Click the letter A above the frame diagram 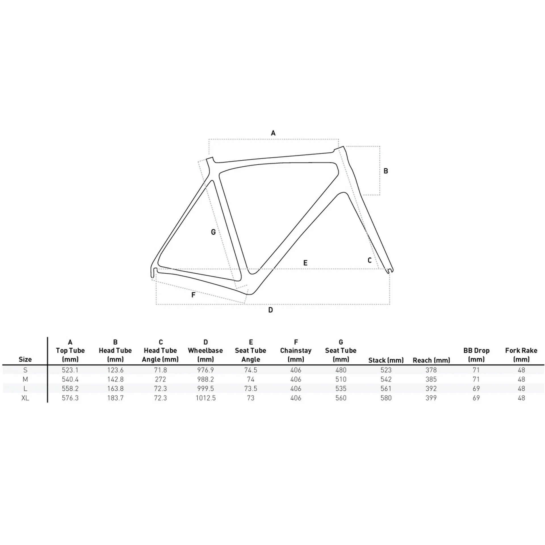pyautogui.click(x=273, y=133)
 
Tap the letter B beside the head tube pyautogui.click(x=386, y=171)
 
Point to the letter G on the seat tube pyautogui.click(x=213, y=232)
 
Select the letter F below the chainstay pyautogui.click(x=193, y=295)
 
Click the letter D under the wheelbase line pyautogui.click(x=271, y=310)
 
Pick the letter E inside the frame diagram pyautogui.click(x=305, y=263)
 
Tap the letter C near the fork pyautogui.click(x=370, y=260)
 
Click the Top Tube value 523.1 pyautogui.click(x=70, y=370)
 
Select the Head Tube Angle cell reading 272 pyautogui.click(x=160, y=379)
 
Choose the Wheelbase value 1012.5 pyautogui.click(x=206, y=398)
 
